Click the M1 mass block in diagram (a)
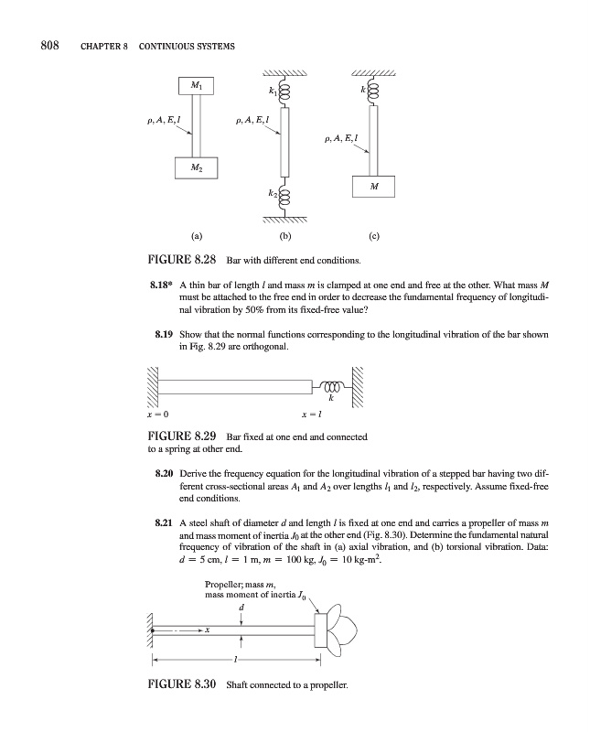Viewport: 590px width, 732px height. tap(198, 86)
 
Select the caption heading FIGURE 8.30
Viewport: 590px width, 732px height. tap(179, 709)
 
